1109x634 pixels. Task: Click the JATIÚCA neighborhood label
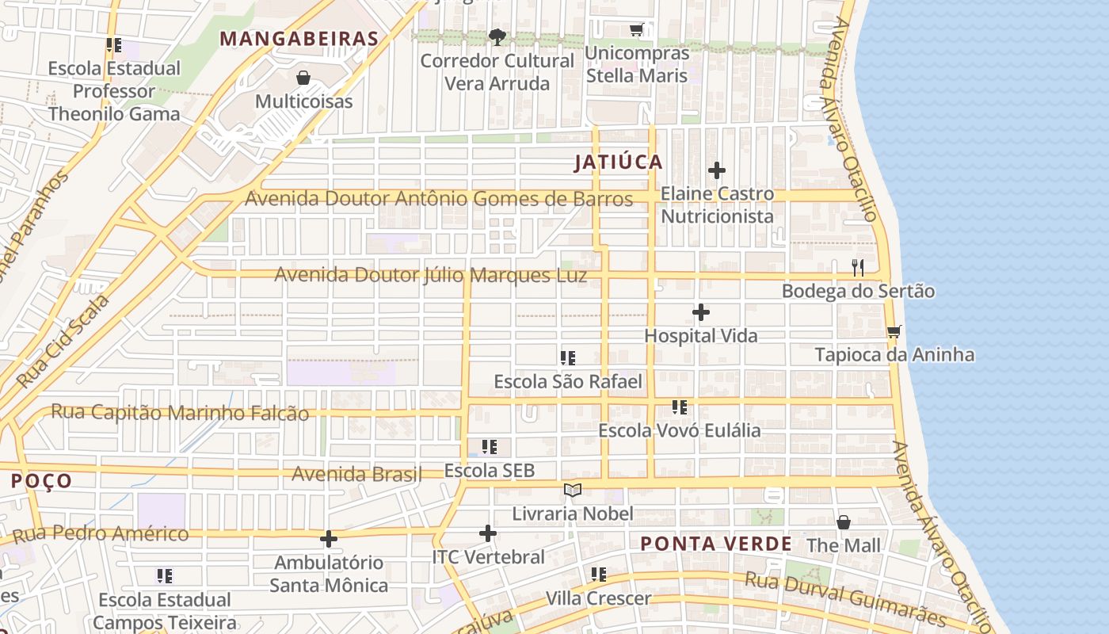618,162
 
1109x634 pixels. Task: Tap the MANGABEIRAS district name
299,39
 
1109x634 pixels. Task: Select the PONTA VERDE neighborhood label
715,544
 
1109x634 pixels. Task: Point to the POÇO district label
41,481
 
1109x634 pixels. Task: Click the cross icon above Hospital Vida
700,312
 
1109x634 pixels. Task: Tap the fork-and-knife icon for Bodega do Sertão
858,268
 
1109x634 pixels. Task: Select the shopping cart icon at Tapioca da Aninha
894,331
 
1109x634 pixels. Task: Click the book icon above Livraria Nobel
572,491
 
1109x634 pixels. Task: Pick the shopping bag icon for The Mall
844,522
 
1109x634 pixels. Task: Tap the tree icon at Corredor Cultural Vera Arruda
497,36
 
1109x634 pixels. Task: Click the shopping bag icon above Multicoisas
303,78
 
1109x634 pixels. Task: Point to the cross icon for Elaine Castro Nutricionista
717,170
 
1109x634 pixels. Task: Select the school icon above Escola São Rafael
567,358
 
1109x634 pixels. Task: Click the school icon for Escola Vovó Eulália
679,407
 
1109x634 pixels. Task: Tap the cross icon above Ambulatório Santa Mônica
328,540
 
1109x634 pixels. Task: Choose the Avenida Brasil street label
356,474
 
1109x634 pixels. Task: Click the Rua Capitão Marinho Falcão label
180,412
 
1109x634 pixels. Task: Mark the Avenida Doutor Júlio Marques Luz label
431,275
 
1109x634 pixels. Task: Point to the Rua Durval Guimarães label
845,598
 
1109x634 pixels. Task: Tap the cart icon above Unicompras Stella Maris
636,30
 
